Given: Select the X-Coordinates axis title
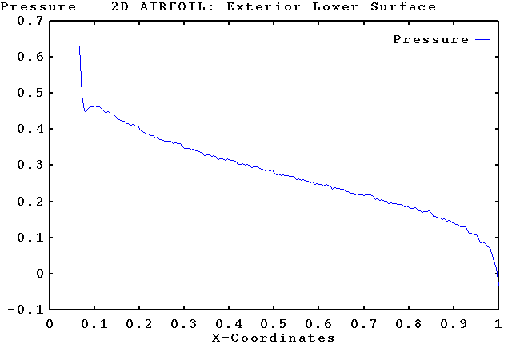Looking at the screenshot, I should coord(274,338).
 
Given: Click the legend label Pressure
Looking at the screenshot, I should coord(430,39).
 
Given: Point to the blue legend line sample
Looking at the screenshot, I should coord(482,39).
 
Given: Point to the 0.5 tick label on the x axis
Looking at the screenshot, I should coord(274,324).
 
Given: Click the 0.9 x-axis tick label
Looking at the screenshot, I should coord(453,324).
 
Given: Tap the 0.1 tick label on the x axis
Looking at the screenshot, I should coord(94,324).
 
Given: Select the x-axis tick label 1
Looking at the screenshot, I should coord(498,324).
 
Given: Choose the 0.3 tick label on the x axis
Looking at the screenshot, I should coord(184,324).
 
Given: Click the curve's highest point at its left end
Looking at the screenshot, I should coord(79,47).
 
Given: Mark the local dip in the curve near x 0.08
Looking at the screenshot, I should coord(85,111).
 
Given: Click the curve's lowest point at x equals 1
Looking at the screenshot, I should coord(498,281).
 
